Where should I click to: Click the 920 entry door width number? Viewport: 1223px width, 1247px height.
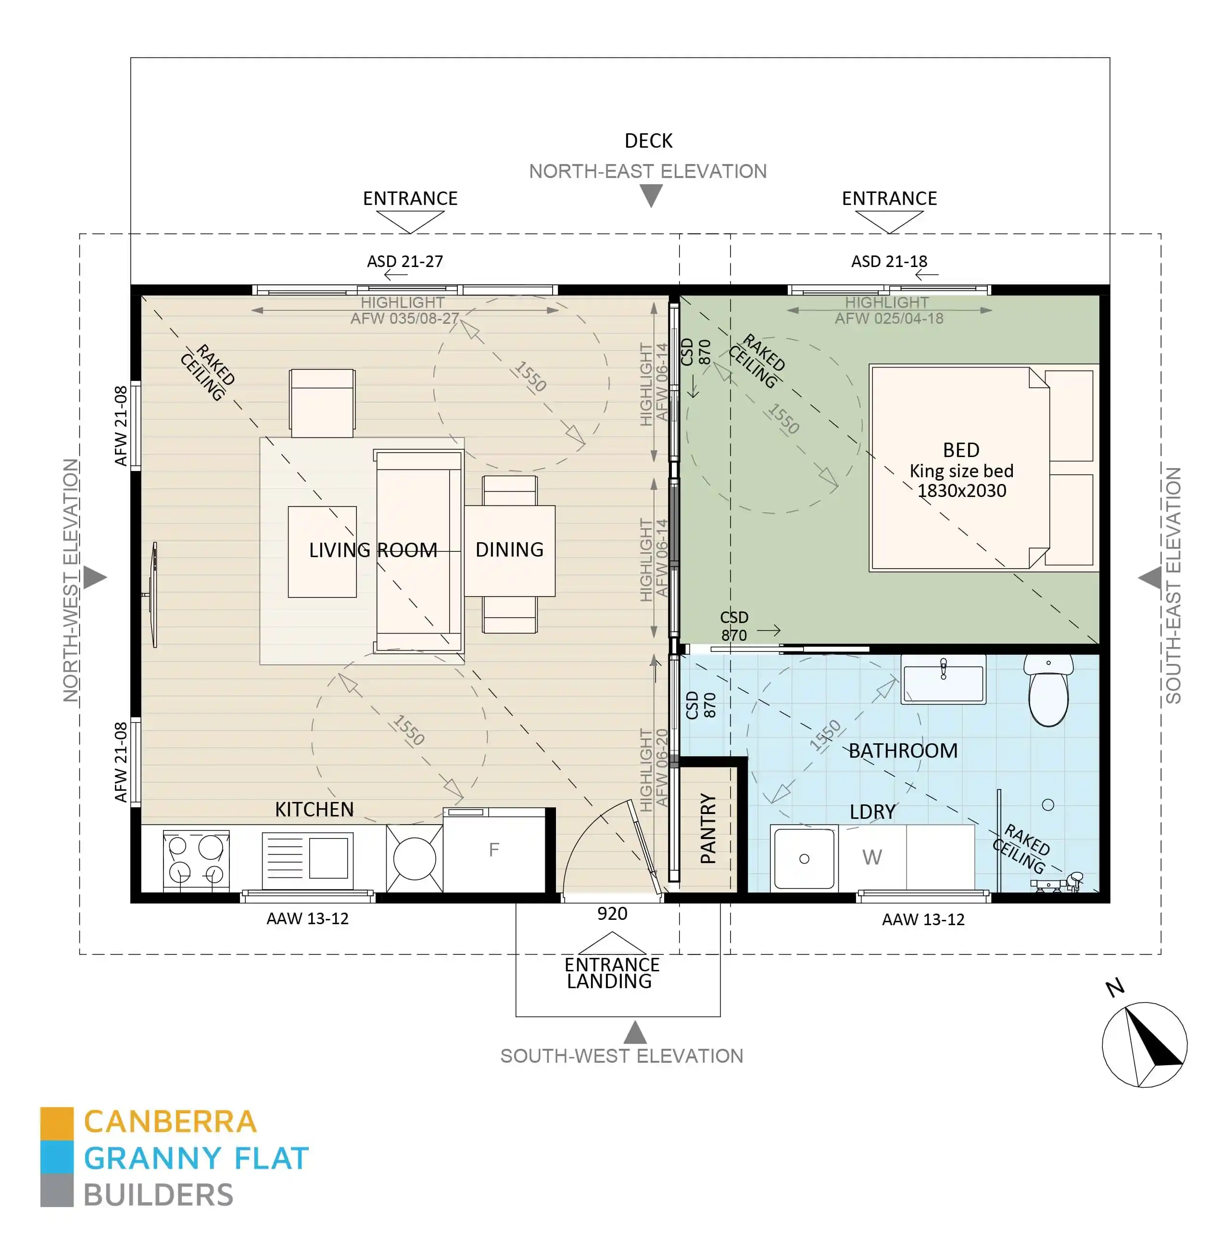(x=612, y=914)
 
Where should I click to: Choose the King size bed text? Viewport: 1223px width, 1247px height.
(x=961, y=471)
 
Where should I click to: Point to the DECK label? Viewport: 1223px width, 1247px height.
(x=648, y=140)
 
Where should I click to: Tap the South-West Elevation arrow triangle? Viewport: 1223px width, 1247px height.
(x=635, y=1032)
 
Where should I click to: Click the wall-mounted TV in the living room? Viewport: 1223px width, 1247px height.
(x=153, y=594)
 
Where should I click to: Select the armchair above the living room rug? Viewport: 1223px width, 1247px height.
(x=322, y=402)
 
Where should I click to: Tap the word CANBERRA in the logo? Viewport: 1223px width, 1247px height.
(x=170, y=1122)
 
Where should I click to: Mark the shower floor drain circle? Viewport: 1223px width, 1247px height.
(x=1047, y=804)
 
